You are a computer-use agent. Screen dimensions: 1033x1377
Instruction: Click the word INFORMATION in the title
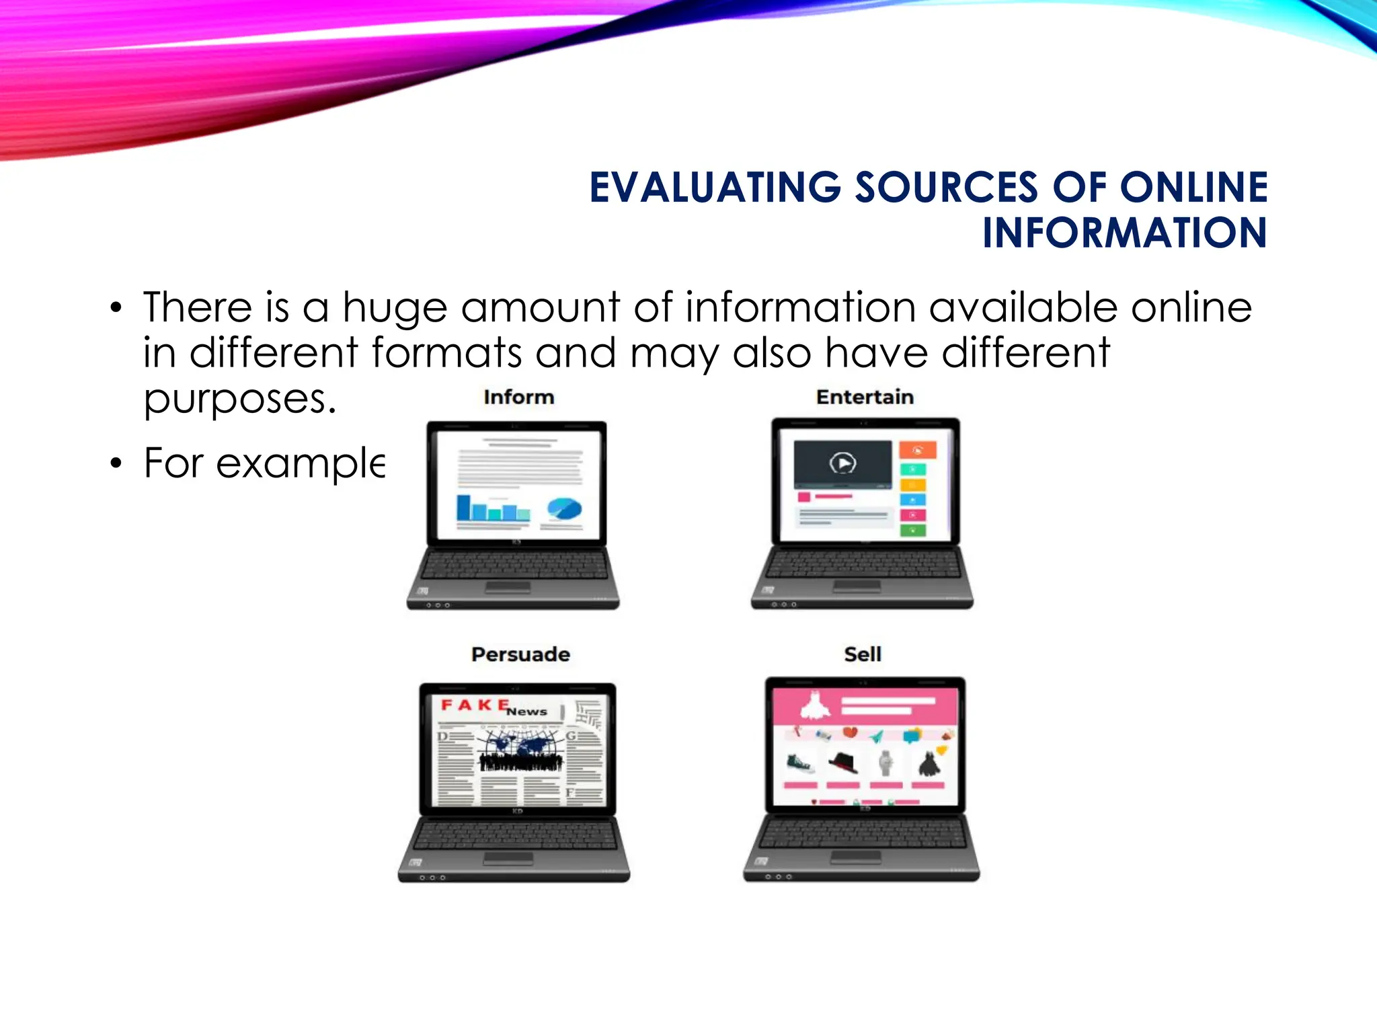click(x=1124, y=233)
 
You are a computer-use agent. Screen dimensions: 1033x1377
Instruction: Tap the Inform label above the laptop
click(x=518, y=397)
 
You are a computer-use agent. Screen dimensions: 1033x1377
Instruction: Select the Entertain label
click(x=865, y=397)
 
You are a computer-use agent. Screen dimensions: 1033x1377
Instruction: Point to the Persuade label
click(x=520, y=654)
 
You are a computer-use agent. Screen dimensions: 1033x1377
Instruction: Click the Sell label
click(x=863, y=654)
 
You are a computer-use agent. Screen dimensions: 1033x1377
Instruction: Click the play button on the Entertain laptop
click(x=842, y=463)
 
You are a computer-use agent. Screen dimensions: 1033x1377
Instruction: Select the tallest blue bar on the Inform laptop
click(x=463, y=507)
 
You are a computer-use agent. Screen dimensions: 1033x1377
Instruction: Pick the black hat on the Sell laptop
click(x=843, y=763)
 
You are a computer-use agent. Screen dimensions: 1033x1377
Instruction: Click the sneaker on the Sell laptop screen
click(x=800, y=763)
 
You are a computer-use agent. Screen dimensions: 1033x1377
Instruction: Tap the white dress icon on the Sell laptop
click(x=815, y=705)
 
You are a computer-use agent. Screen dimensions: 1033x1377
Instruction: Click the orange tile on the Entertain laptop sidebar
click(x=917, y=450)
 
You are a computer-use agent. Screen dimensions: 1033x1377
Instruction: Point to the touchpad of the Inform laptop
click(x=508, y=588)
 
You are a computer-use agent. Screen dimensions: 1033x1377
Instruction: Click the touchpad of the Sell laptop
click(x=855, y=857)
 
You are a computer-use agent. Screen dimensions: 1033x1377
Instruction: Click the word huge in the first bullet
click(x=395, y=308)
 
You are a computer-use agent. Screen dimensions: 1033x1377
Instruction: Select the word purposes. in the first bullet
click(x=239, y=399)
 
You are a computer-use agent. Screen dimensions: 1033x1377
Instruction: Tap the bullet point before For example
click(x=116, y=463)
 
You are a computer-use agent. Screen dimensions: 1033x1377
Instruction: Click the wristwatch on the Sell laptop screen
click(x=886, y=763)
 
